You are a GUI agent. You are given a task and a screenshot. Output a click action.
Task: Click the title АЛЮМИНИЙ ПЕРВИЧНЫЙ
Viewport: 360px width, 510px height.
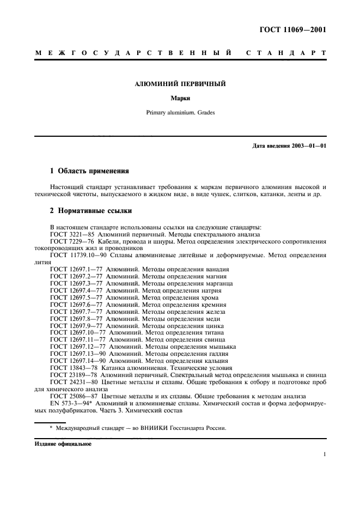coord(180,84)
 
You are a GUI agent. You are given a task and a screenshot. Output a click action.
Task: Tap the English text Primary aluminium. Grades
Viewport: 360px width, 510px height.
coord(180,113)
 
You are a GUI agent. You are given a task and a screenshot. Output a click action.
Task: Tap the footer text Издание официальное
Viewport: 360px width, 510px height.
coord(63,444)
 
